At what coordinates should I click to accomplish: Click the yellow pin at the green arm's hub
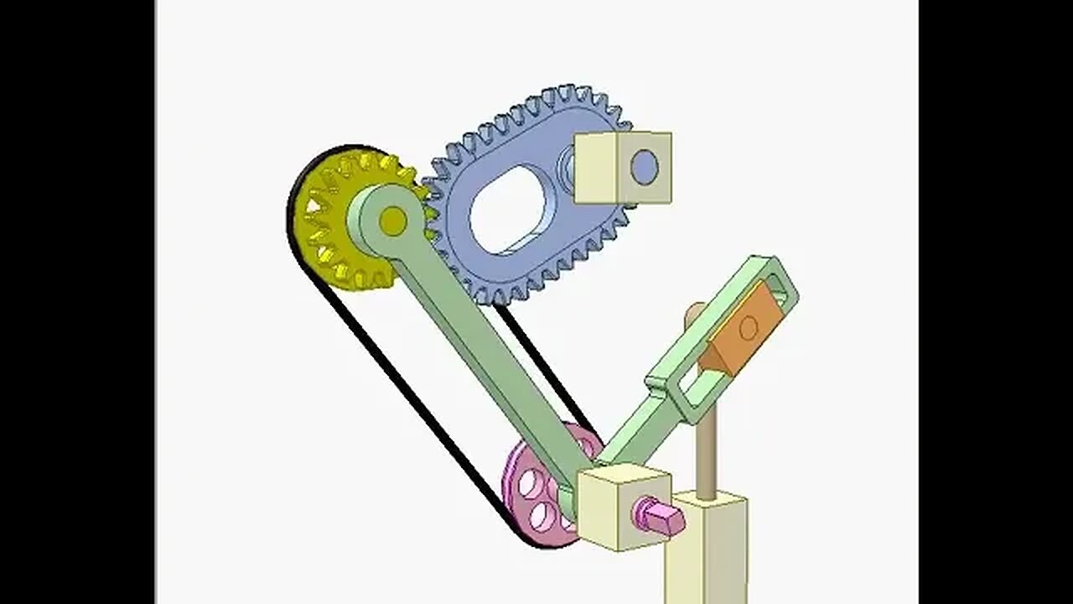pos(391,221)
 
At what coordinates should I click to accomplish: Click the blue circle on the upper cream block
pos(644,167)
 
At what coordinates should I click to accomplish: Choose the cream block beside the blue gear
pos(622,168)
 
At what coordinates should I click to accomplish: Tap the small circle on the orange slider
pos(749,328)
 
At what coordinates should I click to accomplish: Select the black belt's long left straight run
pos(402,386)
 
